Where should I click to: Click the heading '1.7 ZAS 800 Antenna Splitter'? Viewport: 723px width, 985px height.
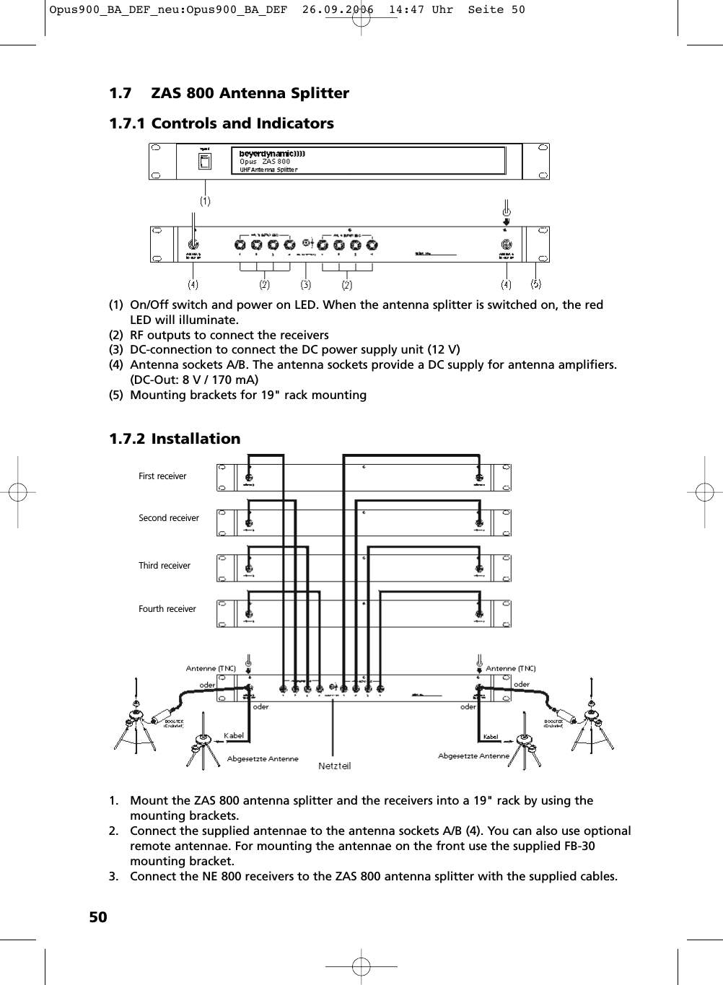[229, 93]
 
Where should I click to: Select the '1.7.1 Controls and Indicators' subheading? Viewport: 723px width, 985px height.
[221, 123]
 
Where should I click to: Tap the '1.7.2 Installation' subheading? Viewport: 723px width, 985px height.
[175, 439]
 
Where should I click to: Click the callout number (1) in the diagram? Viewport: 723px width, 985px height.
[206, 201]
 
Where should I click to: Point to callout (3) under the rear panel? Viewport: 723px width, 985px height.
[306, 284]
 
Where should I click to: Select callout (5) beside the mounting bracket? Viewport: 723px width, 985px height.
[536, 284]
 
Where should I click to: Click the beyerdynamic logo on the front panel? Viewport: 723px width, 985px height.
[272, 153]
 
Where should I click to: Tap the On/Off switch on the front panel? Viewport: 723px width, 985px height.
[206, 162]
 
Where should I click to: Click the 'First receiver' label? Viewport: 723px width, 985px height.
[162, 476]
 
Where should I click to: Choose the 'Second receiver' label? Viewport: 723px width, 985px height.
[169, 518]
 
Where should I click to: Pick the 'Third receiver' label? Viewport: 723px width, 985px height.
[165, 566]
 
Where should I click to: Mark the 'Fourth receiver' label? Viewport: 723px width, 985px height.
[167, 609]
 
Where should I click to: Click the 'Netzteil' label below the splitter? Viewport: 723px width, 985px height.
[335, 766]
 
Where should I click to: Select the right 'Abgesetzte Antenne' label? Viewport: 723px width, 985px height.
[473, 756]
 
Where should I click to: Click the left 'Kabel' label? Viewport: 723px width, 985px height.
[234, 736]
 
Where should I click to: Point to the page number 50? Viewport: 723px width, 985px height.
[98, 917]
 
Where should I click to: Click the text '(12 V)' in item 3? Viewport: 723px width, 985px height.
[443, 350]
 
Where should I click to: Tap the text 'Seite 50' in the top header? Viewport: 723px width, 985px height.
[496, 10]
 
